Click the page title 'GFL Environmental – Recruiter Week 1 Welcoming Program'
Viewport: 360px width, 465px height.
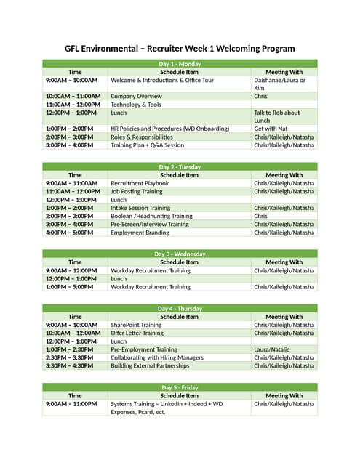(x=180, y=48)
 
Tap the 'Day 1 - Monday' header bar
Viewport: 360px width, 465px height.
(x=180, y=64)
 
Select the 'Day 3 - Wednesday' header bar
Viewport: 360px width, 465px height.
(x=180, y=254)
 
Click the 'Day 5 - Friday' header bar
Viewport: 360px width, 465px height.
(x=180, y=387)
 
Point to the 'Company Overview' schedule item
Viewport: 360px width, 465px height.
(x=136, y=96)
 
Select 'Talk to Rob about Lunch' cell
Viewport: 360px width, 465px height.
(x=283, y=116)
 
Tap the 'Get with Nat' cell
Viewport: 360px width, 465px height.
(x=273, y=129)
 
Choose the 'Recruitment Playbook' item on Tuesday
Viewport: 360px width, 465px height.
(x=140, y=183)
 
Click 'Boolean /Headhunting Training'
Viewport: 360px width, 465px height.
(x=151, y=216)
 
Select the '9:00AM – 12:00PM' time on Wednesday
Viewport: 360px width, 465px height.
(x=71, y=270)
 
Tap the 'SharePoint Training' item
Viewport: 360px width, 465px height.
(x=136, y=325)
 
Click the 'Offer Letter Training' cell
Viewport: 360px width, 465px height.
(x=137, y=333)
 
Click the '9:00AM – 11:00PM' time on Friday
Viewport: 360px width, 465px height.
(x=71, y=403)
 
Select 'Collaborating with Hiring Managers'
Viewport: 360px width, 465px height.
(x=157, y=357)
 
